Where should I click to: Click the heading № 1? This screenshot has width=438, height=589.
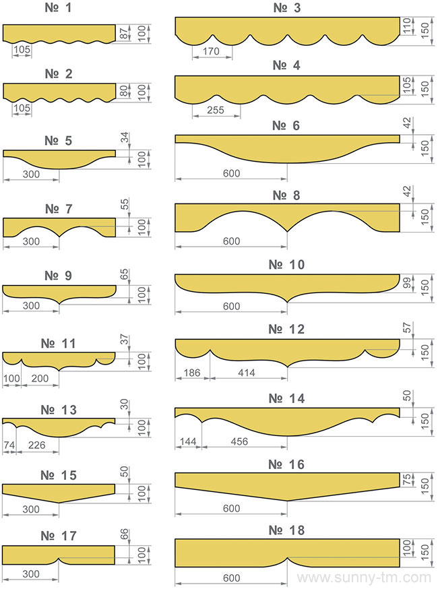(58, 8)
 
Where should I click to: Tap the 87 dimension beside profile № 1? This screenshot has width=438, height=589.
(124, 32)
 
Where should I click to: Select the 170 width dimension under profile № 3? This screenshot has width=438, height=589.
(211, 51)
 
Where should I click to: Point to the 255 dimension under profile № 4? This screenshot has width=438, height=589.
(215, 110)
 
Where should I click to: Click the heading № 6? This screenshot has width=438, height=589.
(286, 126)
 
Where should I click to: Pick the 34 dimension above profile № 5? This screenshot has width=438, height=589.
(125, 137)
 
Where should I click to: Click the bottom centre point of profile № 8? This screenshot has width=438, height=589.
(287, 231)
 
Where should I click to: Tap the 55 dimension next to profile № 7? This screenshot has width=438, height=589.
(125, 204)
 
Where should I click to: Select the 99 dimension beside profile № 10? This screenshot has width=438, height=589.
(407, 283)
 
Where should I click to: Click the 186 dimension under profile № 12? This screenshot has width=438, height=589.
(191, 373)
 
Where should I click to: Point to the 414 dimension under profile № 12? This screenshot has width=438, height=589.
(247, 373)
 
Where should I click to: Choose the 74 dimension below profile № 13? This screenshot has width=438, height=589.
(9, 445)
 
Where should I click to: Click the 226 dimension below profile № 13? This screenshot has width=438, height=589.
(36, 445)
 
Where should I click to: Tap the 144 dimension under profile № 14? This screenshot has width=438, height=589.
(188, 441)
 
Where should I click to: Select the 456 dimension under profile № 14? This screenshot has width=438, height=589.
(239, 441)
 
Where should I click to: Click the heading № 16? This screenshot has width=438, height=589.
(286, 465)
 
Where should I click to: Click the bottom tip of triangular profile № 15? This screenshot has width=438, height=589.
(59, 503)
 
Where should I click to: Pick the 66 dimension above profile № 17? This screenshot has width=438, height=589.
(125, 534)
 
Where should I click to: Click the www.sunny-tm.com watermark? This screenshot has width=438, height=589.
(364, 578)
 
